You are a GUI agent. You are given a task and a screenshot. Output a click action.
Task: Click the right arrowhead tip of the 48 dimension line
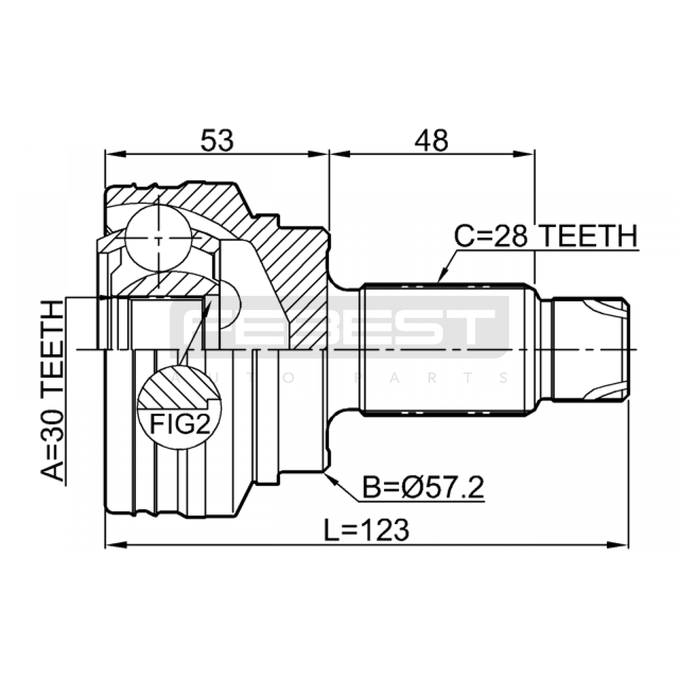coord(534,154)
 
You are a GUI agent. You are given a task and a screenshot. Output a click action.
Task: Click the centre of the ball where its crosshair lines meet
coord(158,238)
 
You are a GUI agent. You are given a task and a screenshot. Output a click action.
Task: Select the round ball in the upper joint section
coord(158,238)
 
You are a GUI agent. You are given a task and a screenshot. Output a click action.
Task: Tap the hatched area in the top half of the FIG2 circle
coord(178,386)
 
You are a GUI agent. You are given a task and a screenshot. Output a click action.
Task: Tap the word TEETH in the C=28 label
coord(589,236)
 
